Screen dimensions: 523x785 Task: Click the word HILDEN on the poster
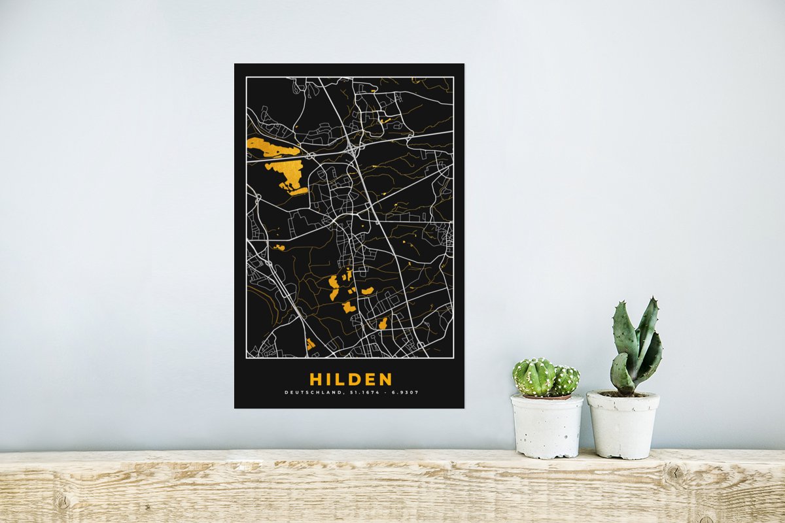(351, 379)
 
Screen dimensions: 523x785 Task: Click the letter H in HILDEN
(315, 379)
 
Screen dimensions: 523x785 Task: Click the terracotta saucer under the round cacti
(546, 397)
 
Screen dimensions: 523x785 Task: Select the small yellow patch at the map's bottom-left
(310, 344)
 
